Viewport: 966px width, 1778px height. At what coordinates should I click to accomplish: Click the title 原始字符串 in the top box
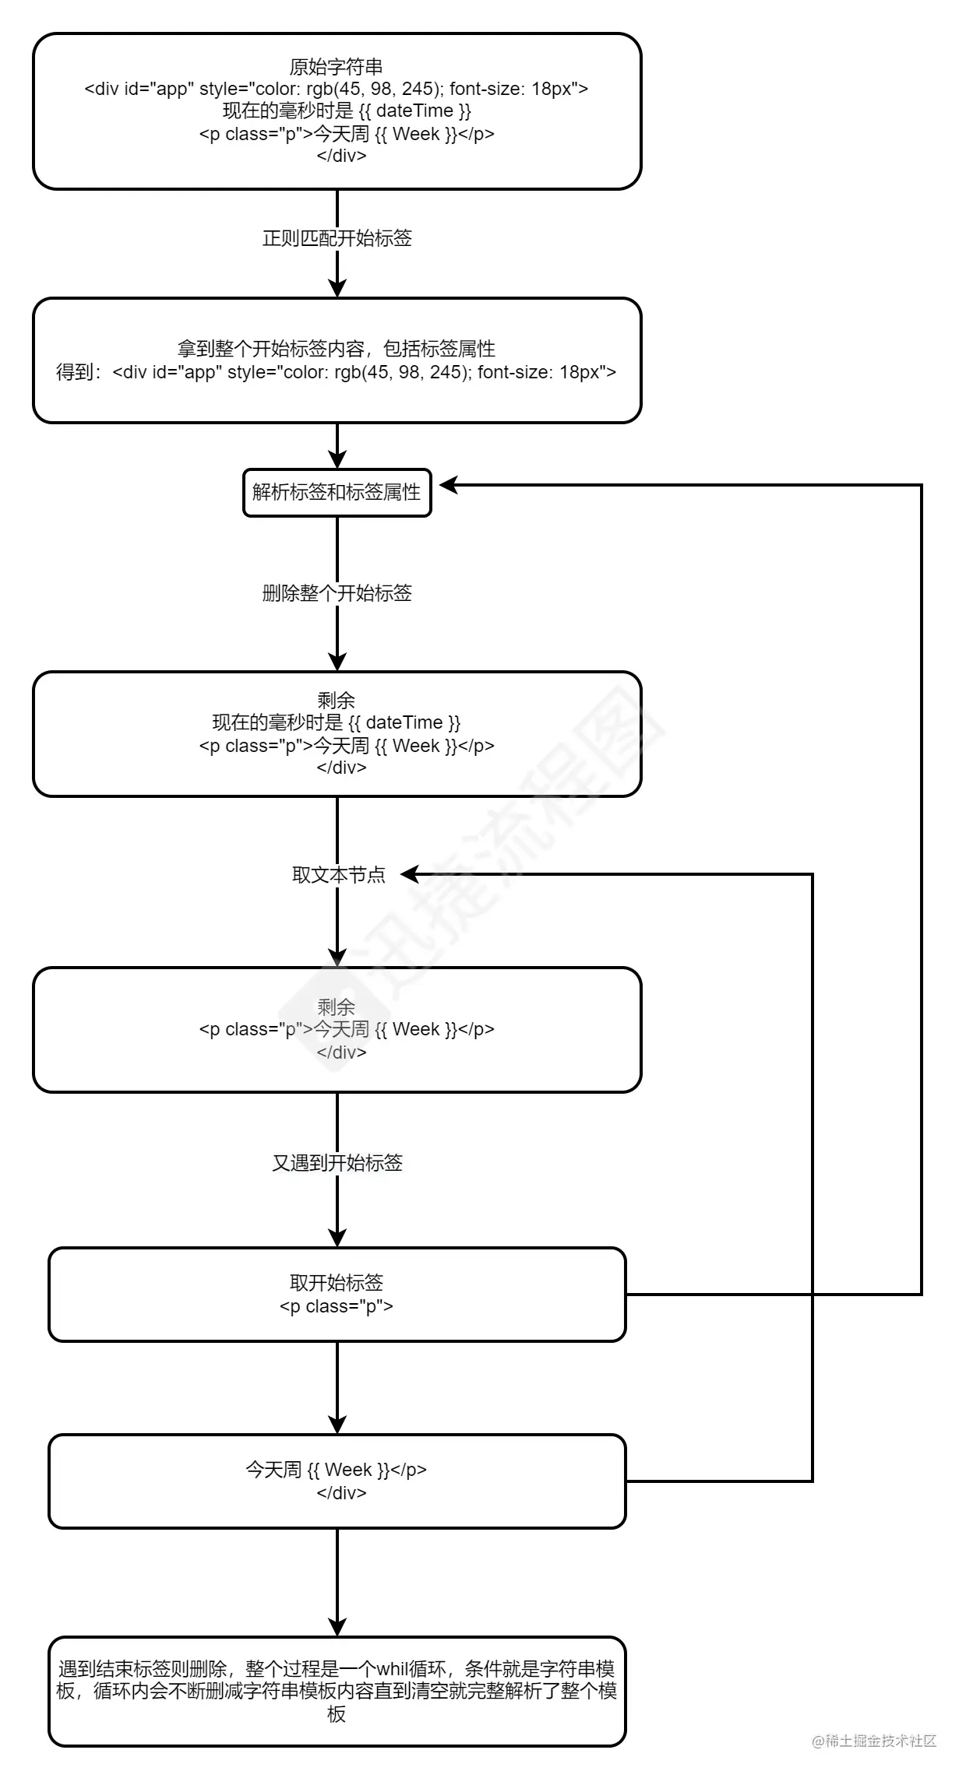[336, 67]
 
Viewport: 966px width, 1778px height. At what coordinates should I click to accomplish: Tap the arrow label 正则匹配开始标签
[337, 238]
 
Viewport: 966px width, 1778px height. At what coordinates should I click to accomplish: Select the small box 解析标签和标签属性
[337, 492]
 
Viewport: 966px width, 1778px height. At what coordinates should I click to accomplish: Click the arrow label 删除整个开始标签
[337, 593]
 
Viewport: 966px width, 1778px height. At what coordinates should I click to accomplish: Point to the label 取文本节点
[338, 875]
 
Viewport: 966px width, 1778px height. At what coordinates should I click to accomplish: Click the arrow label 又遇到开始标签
[337, 1163]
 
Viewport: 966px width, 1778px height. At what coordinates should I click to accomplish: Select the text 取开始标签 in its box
[336, 1283]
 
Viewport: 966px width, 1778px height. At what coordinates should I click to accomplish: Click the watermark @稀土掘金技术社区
[873, 1741]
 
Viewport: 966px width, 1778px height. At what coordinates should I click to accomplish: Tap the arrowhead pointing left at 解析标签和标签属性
[449, 486]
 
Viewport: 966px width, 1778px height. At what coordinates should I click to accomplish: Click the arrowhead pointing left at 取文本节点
[410, 875]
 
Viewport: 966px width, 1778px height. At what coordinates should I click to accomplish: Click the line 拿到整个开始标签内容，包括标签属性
[336, 349]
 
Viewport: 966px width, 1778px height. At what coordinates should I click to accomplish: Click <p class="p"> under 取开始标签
[336, 1306]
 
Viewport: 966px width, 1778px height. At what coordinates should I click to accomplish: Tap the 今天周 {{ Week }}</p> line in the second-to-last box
[336, 1470]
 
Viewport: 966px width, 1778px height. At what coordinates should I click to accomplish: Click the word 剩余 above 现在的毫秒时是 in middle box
[336, 700]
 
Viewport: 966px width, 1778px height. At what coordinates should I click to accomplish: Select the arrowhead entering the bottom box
[337, 1627]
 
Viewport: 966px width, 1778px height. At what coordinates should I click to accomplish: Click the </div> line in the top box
[341, 156]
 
